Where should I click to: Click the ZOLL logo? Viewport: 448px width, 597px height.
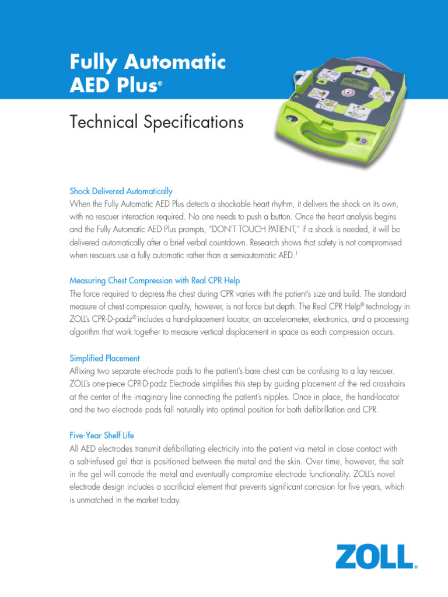376,557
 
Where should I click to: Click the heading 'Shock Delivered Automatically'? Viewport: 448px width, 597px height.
121,191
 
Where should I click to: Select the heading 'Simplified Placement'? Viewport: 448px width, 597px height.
104,358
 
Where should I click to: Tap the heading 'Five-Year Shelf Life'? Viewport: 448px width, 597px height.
104,436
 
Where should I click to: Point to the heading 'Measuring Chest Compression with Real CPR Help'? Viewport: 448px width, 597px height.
155,280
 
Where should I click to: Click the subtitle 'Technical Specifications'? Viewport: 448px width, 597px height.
156,122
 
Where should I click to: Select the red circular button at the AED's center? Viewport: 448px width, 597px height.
348,93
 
